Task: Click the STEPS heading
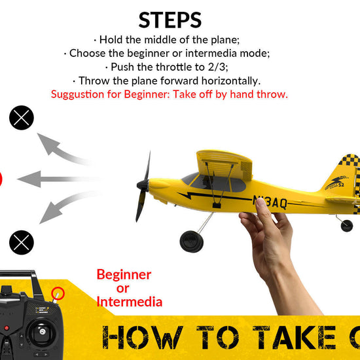tap(170, 20)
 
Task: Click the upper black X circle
tap(21, 118)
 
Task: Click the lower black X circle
tap(21, 243)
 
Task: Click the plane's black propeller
tap(143, 187)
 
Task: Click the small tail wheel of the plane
tap(346, 226)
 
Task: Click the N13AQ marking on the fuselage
tap(270, 202)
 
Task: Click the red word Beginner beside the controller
tap(124, 274)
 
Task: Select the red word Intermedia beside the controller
tap(129, 302)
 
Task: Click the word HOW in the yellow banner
tap(141, 338)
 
